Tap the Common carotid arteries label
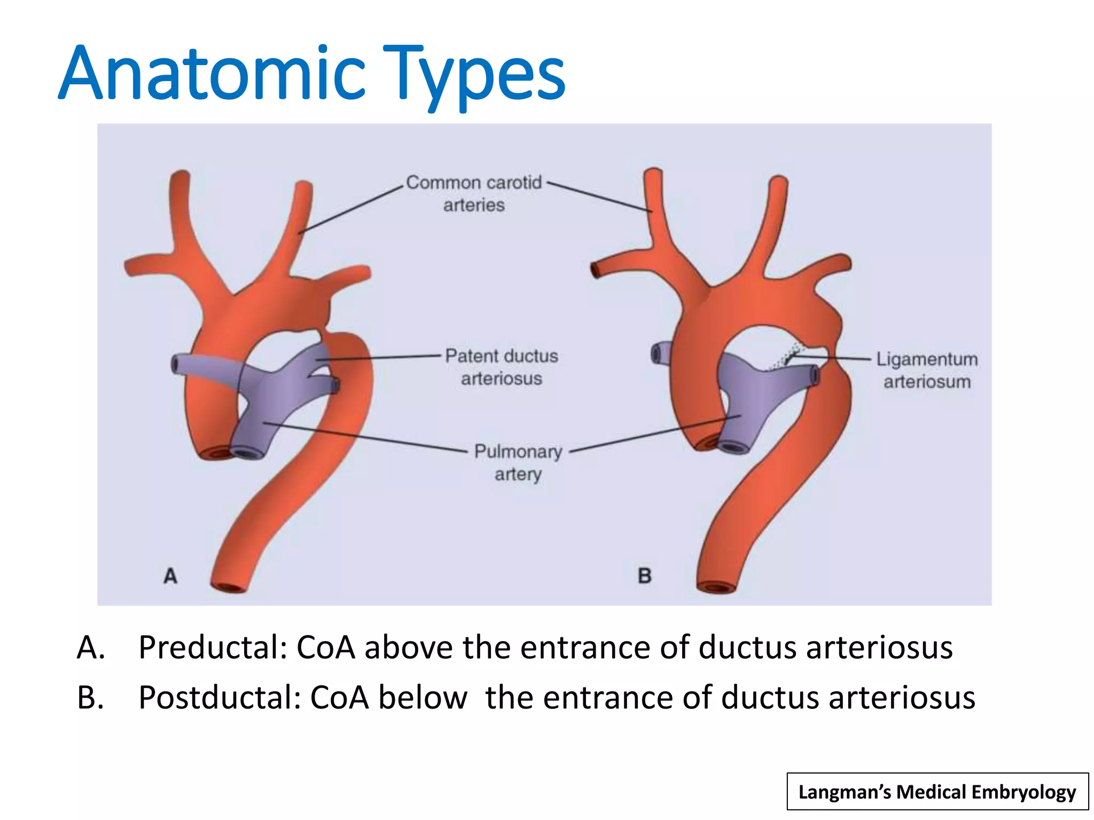coord(474,193)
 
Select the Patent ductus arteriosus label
coord(501,367)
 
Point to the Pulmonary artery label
coord(518,462)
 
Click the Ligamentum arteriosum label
coord(927,370)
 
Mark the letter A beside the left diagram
coord(170,576)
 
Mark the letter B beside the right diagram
coord(645,576)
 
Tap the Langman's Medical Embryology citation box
coord(937,792)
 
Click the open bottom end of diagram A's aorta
coord(231,587)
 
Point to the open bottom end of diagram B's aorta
coord(717,588)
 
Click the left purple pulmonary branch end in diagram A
coord(176,364)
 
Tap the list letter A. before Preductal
coord(91,648)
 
